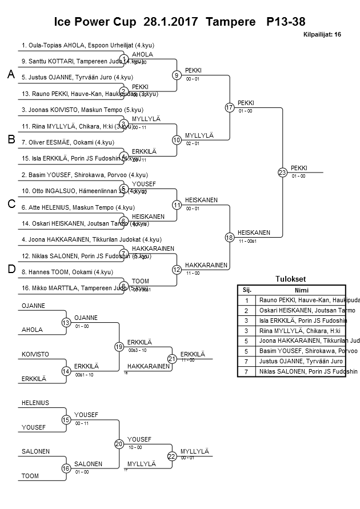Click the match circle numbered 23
click(x=282, y=172)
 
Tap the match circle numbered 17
click(x=230, y=107)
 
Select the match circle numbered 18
click(x=230, y=237)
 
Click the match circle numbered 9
click(x=177, y=75)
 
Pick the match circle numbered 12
click(x=177, y=269)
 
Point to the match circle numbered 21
click(x=171, y=359)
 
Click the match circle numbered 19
click(x=119, y=346)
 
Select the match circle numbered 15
click(x=66, y=419)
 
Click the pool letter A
click(x=10, y=75)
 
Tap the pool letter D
click(x=11, y=269)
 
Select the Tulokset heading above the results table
click(x=291, y=279)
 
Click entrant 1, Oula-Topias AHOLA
click(x=88, y=45)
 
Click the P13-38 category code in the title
click(x=286, y=22)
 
